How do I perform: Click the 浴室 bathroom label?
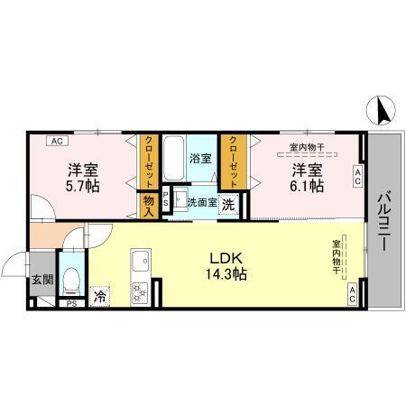[x=200, y=158]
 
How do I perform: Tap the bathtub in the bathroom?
[x=175, y=158]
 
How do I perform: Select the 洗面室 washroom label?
[x=200, y=202]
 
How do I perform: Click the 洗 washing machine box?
[x=229, y=204]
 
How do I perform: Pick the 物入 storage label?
[x=149, y=204]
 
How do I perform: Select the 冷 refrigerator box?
[x=99, y=293]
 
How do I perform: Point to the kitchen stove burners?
[x=141, y=291]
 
